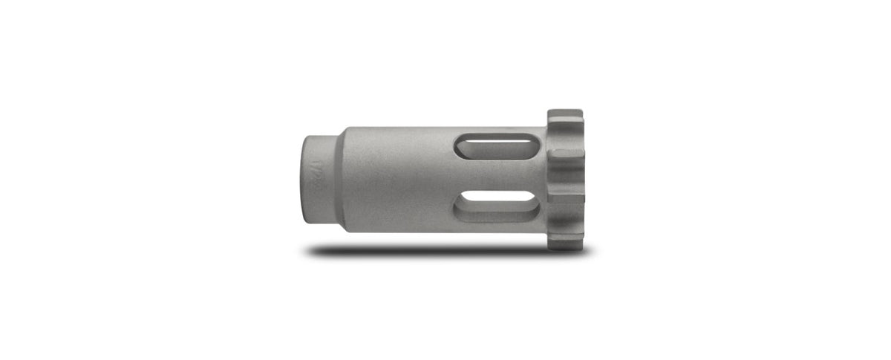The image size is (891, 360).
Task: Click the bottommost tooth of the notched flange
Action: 566,239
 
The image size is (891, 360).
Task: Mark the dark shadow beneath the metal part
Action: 446,252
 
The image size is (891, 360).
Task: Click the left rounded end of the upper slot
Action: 461,145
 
